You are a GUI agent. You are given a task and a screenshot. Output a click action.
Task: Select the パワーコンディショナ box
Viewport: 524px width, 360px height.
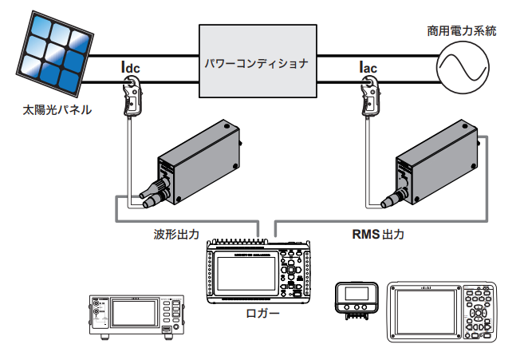[254, 61]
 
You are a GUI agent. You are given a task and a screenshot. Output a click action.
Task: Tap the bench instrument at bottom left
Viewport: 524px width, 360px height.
[135, 315]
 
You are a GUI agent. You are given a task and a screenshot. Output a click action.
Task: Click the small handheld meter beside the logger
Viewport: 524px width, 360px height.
[356, 299]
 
